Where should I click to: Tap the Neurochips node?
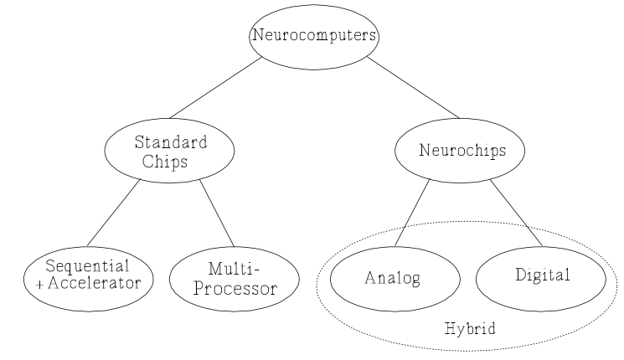pyautogui.click(x=460, y=151)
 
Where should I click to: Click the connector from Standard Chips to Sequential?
pyautogui.click(x=114, y=213)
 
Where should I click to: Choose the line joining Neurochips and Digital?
pyautogui.click(x=514, y=211)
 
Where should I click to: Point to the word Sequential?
pyautogui.click(x=89, y=266)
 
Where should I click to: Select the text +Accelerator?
pyautogui.click(x=89, y=283)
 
